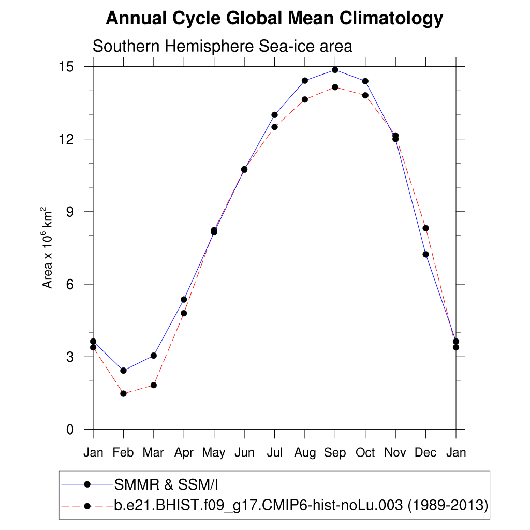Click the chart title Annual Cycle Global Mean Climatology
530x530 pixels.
pos(274,19)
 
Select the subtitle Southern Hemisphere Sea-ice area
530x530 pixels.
pos(222,47)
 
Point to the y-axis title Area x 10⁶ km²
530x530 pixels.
pos(48,248)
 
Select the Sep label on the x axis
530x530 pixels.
pos(335,453)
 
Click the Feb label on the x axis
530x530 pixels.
pos(123,453)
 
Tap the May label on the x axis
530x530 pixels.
pos(214,453)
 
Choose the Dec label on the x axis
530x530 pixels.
pos(425,453)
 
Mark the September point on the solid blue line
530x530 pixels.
pos(335,70)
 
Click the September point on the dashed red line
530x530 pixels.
pos(335,87)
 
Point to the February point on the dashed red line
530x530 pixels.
pos(123,394)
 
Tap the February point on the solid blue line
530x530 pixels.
pos(123,371)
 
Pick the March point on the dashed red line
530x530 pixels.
pos(154,385)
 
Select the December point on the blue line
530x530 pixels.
pos(425,254)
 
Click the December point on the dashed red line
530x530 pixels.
pos(425,228)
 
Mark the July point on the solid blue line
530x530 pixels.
pos(274,115)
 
